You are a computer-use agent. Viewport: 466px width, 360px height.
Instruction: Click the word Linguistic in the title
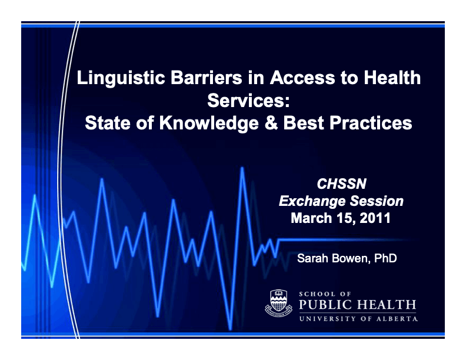point(121,78)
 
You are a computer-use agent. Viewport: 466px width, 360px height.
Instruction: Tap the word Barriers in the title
point(207,78)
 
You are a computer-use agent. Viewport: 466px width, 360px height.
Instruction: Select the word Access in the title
point(302,78)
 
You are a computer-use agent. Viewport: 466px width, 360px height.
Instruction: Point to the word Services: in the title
point(248,101)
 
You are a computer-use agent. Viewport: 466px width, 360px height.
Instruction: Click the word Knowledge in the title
point(209,124)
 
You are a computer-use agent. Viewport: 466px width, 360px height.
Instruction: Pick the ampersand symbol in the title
point(271,123)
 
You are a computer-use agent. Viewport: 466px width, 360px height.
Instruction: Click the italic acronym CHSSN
point(341,184)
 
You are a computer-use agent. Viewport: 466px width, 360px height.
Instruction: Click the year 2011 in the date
point(375,218)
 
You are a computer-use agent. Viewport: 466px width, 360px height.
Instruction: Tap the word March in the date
point(311,218)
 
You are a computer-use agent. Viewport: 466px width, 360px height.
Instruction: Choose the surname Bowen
point(351,258)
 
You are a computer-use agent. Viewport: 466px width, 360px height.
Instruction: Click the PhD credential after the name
point(385,258)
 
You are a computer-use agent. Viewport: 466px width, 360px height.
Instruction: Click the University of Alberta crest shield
point(278,302)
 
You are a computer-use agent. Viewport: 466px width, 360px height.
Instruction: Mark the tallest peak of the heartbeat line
point(242,168)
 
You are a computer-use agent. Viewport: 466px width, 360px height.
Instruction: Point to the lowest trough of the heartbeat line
point(230,328)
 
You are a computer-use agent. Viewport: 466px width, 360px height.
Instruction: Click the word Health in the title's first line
point(392,78)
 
